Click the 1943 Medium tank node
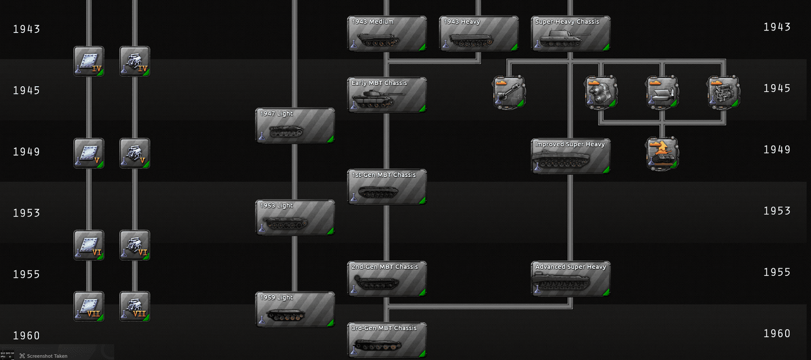[x=387, y=33]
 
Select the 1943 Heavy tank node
[x=478, y=33]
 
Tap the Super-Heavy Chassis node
[x=571, y=33]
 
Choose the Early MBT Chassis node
[x=387, y=94]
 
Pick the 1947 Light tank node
[x=294, y=125]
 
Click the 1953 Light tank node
[x=294, y=218]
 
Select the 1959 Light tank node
[x=294, y=309]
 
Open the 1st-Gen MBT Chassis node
[x=387, y=187]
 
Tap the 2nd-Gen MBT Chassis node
[x=387, y=278]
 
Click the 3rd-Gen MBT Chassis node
[x=387, y=340]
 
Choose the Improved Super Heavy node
[x=571, y=156]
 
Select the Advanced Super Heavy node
[x=571, y=278]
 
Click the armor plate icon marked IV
[x=89, y=61]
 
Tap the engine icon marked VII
[x=135, y=306]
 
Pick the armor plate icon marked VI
[x=89, y=245]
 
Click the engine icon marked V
[x=135, y=153]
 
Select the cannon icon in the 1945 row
[x=509, y=92]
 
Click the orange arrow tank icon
[x=662, y=154]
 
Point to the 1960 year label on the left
[x=26, y=336]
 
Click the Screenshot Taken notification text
[x=47, y=356]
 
